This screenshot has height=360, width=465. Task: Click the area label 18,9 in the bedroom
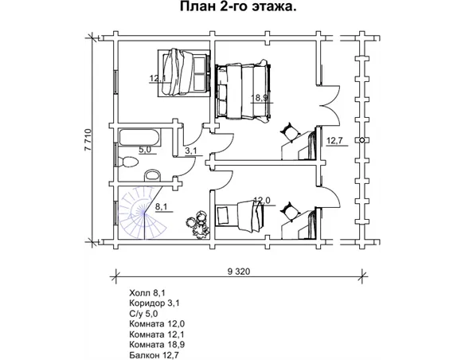(259, 98)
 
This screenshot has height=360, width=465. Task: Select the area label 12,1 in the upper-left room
(157, 78)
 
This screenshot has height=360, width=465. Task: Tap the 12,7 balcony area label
(334, 142)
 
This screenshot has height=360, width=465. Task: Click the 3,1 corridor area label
(191, 150)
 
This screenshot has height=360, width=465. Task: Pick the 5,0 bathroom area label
(145, 148)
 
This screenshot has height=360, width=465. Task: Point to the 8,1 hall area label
(161, 206)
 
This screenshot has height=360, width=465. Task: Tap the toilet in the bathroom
(127, 162)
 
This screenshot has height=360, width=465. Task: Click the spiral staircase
(139, 213)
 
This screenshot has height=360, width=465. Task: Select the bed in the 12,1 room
(185, 72)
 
